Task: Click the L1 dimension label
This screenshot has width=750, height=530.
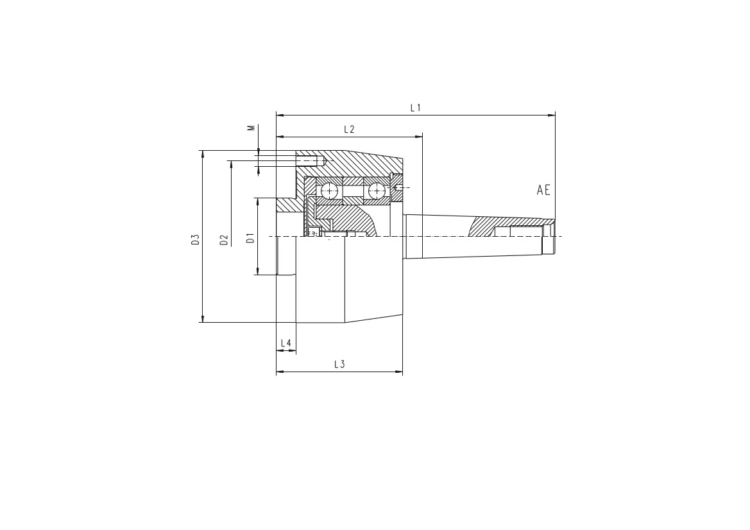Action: point(416,108)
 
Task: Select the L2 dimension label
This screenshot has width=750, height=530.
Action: point(348,130)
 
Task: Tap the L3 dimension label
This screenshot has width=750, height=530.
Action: point(339,364)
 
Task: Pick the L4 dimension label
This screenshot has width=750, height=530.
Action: point(286,343)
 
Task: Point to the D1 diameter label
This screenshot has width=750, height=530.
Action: point(250,238)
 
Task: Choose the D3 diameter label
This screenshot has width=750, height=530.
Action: point(195,239)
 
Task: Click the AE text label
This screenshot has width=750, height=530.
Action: point(543,191)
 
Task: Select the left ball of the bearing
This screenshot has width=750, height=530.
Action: point(330,191)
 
